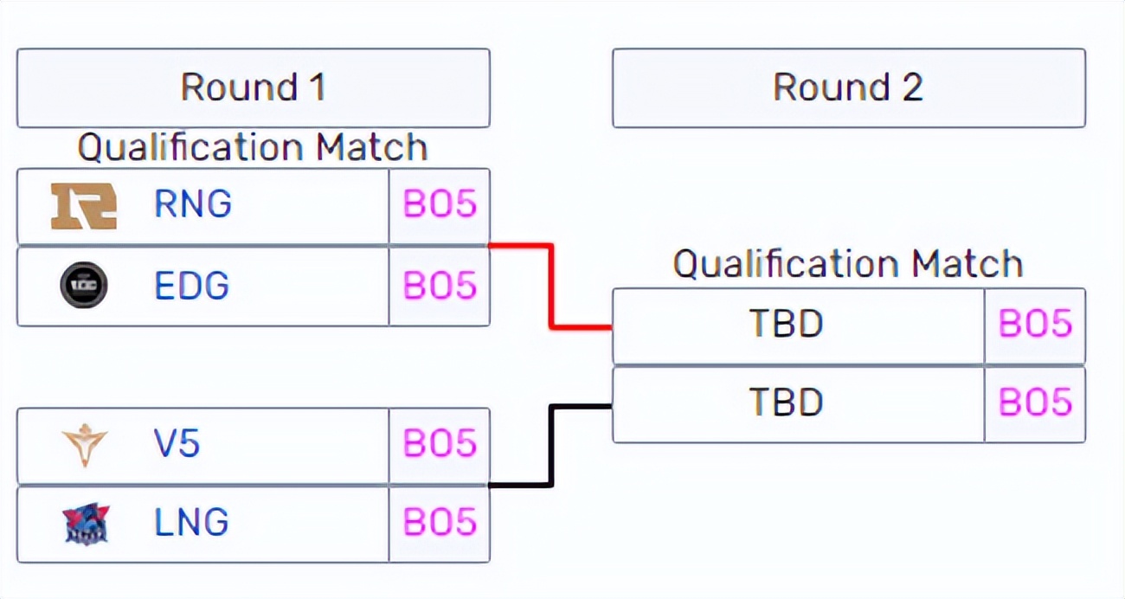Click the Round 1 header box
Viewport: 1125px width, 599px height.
[x=253, y=87]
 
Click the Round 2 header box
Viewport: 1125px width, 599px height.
[x=848, y=87]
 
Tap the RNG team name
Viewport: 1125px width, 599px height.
[x=193, y=204]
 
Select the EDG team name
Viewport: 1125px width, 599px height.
[x=191, y=286]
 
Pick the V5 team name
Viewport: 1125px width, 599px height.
[x=177, y=444]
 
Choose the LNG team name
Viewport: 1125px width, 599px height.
[x=191, y=523]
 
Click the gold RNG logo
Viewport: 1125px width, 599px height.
[x=84, y=206]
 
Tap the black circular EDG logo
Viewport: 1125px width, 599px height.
[x=84, y=286]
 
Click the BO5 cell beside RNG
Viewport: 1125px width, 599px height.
[x=440, y=205]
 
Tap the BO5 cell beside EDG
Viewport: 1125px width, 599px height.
[x=440, y=286]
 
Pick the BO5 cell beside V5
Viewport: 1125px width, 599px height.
[x=440, y=444]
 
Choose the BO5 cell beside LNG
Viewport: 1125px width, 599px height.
[x=440, y=523]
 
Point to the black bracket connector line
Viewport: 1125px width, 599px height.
[x=550, y=446]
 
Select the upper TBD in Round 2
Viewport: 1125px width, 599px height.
[x=786, y=325]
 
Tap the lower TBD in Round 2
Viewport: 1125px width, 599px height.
[x=786, y=403]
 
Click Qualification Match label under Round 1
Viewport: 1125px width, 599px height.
[x=253, y=147]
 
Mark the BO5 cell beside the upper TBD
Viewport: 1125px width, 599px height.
[x=1035, y=325]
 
